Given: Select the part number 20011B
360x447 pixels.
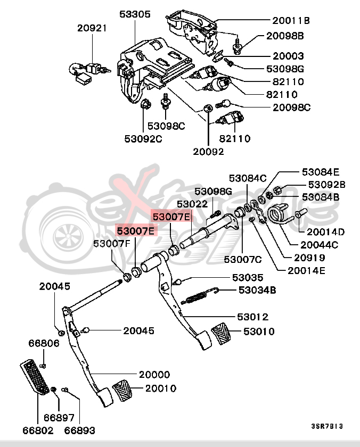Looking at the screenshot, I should point(291,21).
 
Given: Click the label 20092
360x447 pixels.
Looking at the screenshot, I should point(208,151).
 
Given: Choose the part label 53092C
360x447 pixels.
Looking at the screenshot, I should point(143,139).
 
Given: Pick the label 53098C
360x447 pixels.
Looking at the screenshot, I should point(166,126).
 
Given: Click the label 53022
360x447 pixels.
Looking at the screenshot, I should point(192,204).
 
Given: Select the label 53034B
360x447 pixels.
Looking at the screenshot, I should point(257,290).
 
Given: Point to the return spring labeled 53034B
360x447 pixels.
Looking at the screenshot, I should point(200,296).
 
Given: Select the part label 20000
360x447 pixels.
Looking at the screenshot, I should point(154,375).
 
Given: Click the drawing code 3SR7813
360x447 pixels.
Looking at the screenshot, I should point(326,426).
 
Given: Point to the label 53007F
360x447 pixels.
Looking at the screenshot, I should point(112,244).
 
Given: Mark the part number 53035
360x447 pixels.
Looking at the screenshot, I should point(248,277).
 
